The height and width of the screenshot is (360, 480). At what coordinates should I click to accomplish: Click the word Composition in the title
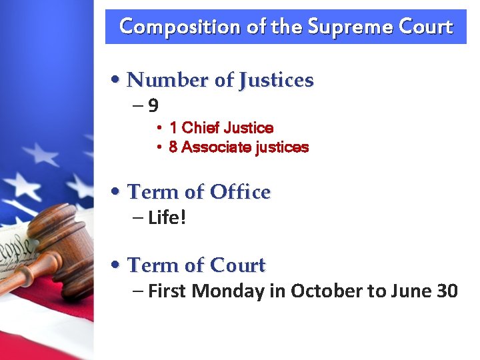pyautogui.click(x=169, y=27)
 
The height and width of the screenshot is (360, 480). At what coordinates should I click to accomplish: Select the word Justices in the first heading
pyautogui.click(x=276, y=80)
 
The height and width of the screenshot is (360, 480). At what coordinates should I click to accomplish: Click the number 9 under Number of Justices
pyautogui.click(x=153, y=105)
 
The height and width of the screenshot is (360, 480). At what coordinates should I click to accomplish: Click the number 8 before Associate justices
pyautogui.click(x=173, y=147)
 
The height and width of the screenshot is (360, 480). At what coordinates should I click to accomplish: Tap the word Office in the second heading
pyautogui.click(x=240, y=192)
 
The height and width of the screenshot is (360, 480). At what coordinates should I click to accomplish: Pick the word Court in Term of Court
pyautogui.click(x=238, y=265)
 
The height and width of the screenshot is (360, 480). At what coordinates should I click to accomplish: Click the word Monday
pyautogui.click(x=231, y=291)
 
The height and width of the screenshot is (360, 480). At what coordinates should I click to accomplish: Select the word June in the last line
pyautogui.click(x=407, y=291)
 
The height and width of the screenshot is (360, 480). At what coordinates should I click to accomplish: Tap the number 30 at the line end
pyautogui.click(x=447, y=291)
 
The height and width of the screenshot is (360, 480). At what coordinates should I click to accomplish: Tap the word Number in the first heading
pyautogui.click(x=167, y=80)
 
